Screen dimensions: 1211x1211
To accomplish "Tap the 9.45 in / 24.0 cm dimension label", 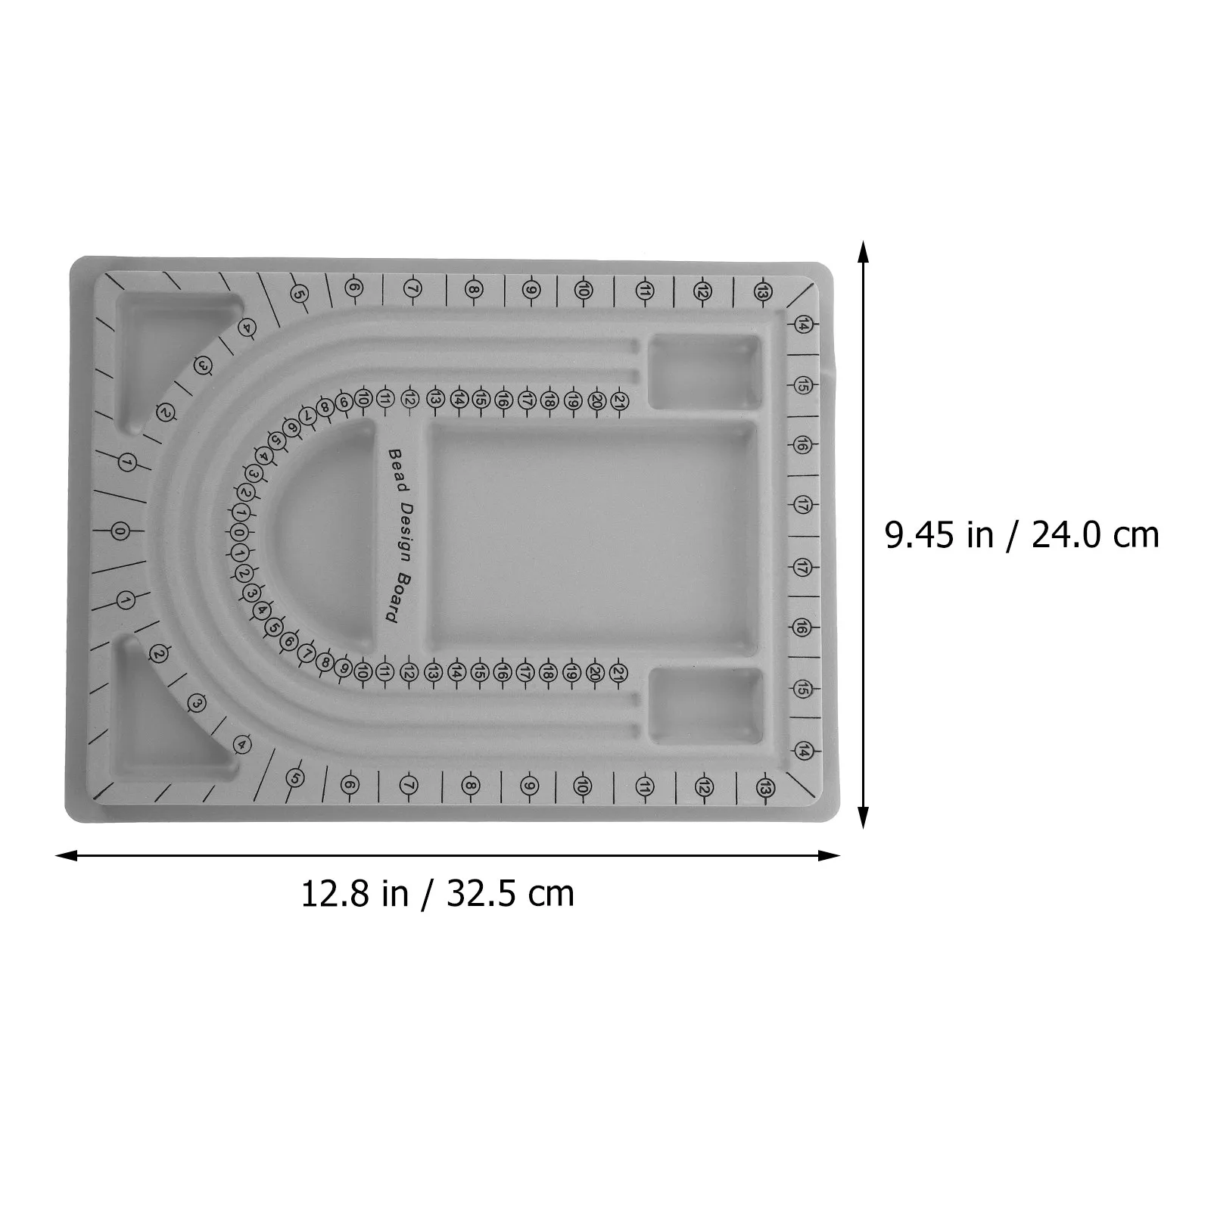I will pyautogui.click(x=1022, y=535).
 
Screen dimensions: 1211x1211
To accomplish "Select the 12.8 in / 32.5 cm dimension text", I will pyautogui.click(x=437, y=893).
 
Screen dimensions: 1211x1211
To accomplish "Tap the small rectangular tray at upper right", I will pyautogui.click(x=705, y=372).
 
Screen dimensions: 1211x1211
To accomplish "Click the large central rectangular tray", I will pyautogui.click(x=592, y=539).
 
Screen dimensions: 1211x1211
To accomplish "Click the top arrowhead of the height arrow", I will pyautogui.click(x=863, y=250).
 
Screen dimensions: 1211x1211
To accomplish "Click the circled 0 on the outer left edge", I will pyautogui.click(x=120, y=532).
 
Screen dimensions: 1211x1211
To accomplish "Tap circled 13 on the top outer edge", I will pyautogui.click(x=763, y=291).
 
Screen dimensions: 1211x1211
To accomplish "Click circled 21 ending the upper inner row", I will pyautogui.click(x=619, y=400).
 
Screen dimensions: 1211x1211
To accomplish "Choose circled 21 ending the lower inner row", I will pyautogui.click(x=618, y=671).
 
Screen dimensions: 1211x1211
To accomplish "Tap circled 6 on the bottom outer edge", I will pyautogui.click(x=349, y=785).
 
